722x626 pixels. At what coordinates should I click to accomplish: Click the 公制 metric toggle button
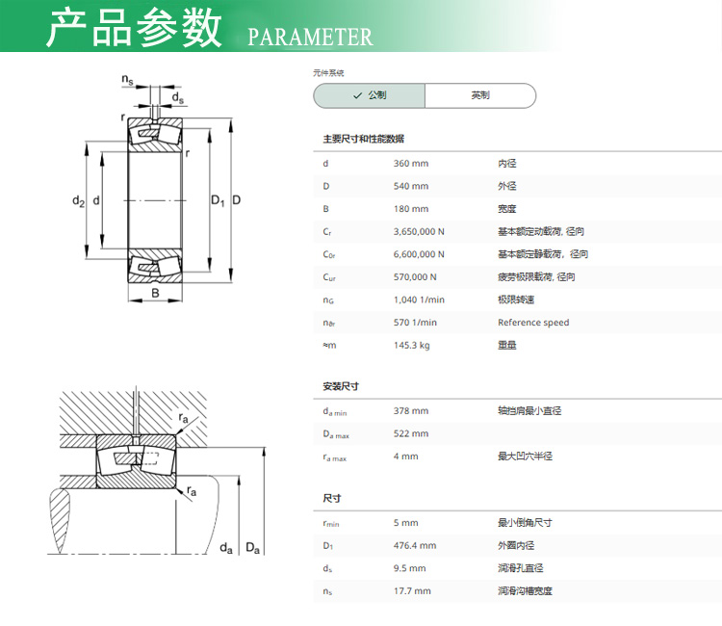click(x=370, y=95)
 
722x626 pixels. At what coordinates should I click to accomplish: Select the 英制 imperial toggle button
click(x=480, y=95)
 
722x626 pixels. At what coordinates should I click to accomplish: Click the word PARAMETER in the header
click(x=310, y=38)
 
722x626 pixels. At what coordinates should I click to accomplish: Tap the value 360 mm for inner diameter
click(x=411, y=164)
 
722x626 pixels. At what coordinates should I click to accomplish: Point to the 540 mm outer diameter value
click(x=411, y=186)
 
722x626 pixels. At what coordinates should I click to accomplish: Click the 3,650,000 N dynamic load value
click(x=419, y=232)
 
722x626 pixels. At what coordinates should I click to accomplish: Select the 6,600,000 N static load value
click(x=419, y=254)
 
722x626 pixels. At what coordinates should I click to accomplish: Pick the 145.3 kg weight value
click(x=412, y=346)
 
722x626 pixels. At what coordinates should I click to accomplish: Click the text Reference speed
click(x=533, y=323)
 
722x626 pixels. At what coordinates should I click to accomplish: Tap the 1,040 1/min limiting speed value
click(x=419, y=300)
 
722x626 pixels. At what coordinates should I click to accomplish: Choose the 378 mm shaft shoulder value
click(x=411, y=411)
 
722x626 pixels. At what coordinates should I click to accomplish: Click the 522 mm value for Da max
click(x=411, y=433)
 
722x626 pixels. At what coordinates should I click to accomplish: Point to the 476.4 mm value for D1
click(x=415, y=546)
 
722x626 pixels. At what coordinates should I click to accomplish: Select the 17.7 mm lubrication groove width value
click(x=412, y=591)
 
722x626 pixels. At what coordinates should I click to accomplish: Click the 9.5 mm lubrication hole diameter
click(x=409, y=568)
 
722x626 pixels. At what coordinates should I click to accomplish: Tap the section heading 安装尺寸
click(x=341, y=386)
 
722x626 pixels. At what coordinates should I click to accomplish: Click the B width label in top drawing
click(x=155, y=293)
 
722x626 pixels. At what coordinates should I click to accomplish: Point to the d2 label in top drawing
click(x=78, y=201)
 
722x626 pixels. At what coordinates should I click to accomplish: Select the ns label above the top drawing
click(x=127, y=80)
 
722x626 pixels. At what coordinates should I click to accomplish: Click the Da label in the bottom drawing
click(x=253, y=548)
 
